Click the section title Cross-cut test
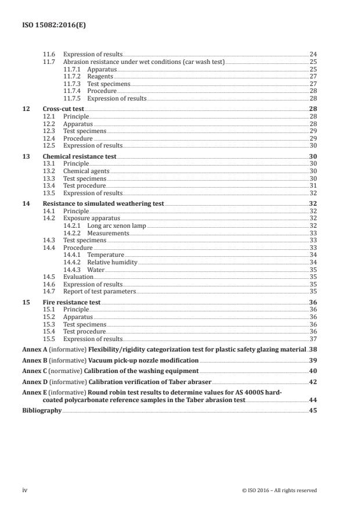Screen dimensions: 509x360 pos(63,109)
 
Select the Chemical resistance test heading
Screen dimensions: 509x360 pos(79,157)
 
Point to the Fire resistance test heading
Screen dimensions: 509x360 pos(71,302)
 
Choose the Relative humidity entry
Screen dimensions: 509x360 pos(112,262)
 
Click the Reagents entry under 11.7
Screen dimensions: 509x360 pos(100,76)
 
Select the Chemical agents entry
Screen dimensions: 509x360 pos(86,171)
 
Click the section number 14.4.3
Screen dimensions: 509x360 pos(74,270)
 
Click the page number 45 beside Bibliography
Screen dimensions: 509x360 pos(312,410)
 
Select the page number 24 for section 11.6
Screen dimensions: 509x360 pos(312,54)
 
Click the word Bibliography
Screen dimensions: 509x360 pos(41,410)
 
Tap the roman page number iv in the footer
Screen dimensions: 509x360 pos(25,490)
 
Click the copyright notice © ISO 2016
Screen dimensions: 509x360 pos(279,490)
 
